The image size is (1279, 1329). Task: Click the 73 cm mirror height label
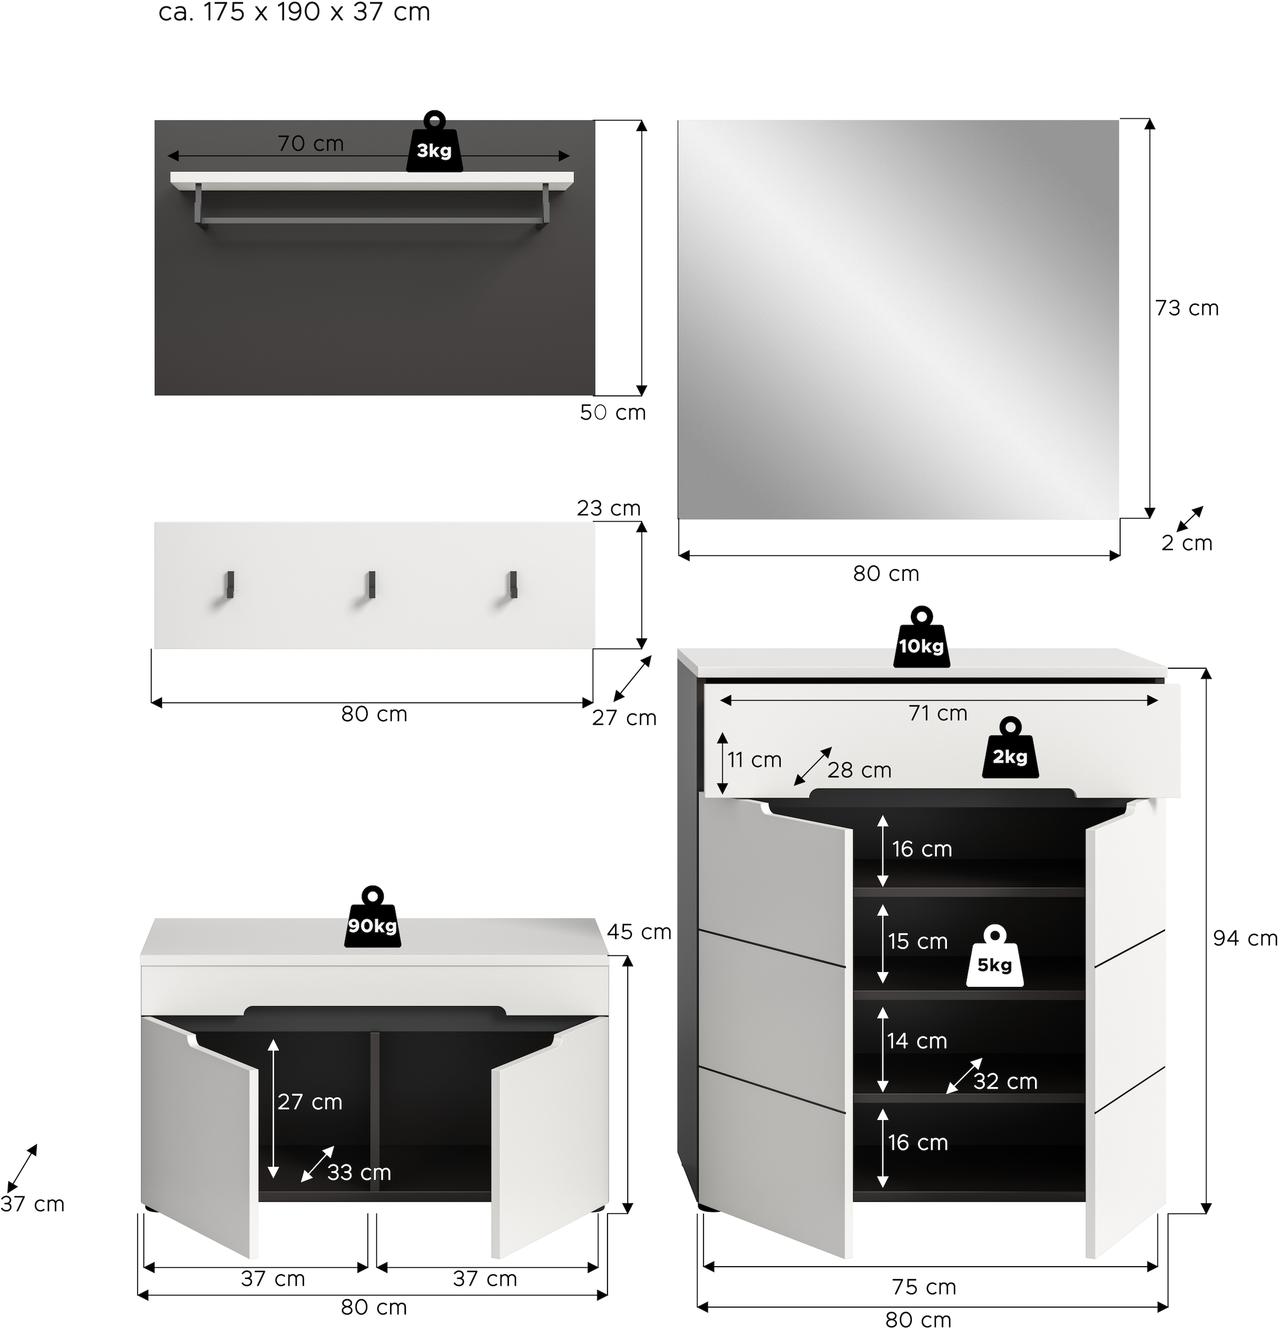pyautogui.click(x=1187, y=309)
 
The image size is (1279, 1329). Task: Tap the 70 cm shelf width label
pyautogui.click(x=311, y=144)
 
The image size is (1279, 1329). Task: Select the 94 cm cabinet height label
pyautogui.click(x=1245, y=938)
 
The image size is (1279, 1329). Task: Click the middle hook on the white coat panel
pyautogui.click(x=371, y=585)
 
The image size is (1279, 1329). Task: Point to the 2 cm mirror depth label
pyautogui.click(x=1187, y=543)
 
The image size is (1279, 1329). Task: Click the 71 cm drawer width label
pyautogui.click(x=938, y=714)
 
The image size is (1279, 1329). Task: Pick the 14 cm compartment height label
pyautogui.click(x=917, y=1041)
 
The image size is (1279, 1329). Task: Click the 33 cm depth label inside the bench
pyautogui.click(x=359, y=1172)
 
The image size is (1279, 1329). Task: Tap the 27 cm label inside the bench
pyautogui.click(x=310, y=1102)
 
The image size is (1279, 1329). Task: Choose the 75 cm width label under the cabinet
pyautogui.click(x=924, y=1287)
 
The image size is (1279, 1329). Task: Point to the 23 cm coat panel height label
pyautogui.click(x=608, y=508)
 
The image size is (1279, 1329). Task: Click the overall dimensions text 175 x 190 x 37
pyautogui.click(x=294, y=12)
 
